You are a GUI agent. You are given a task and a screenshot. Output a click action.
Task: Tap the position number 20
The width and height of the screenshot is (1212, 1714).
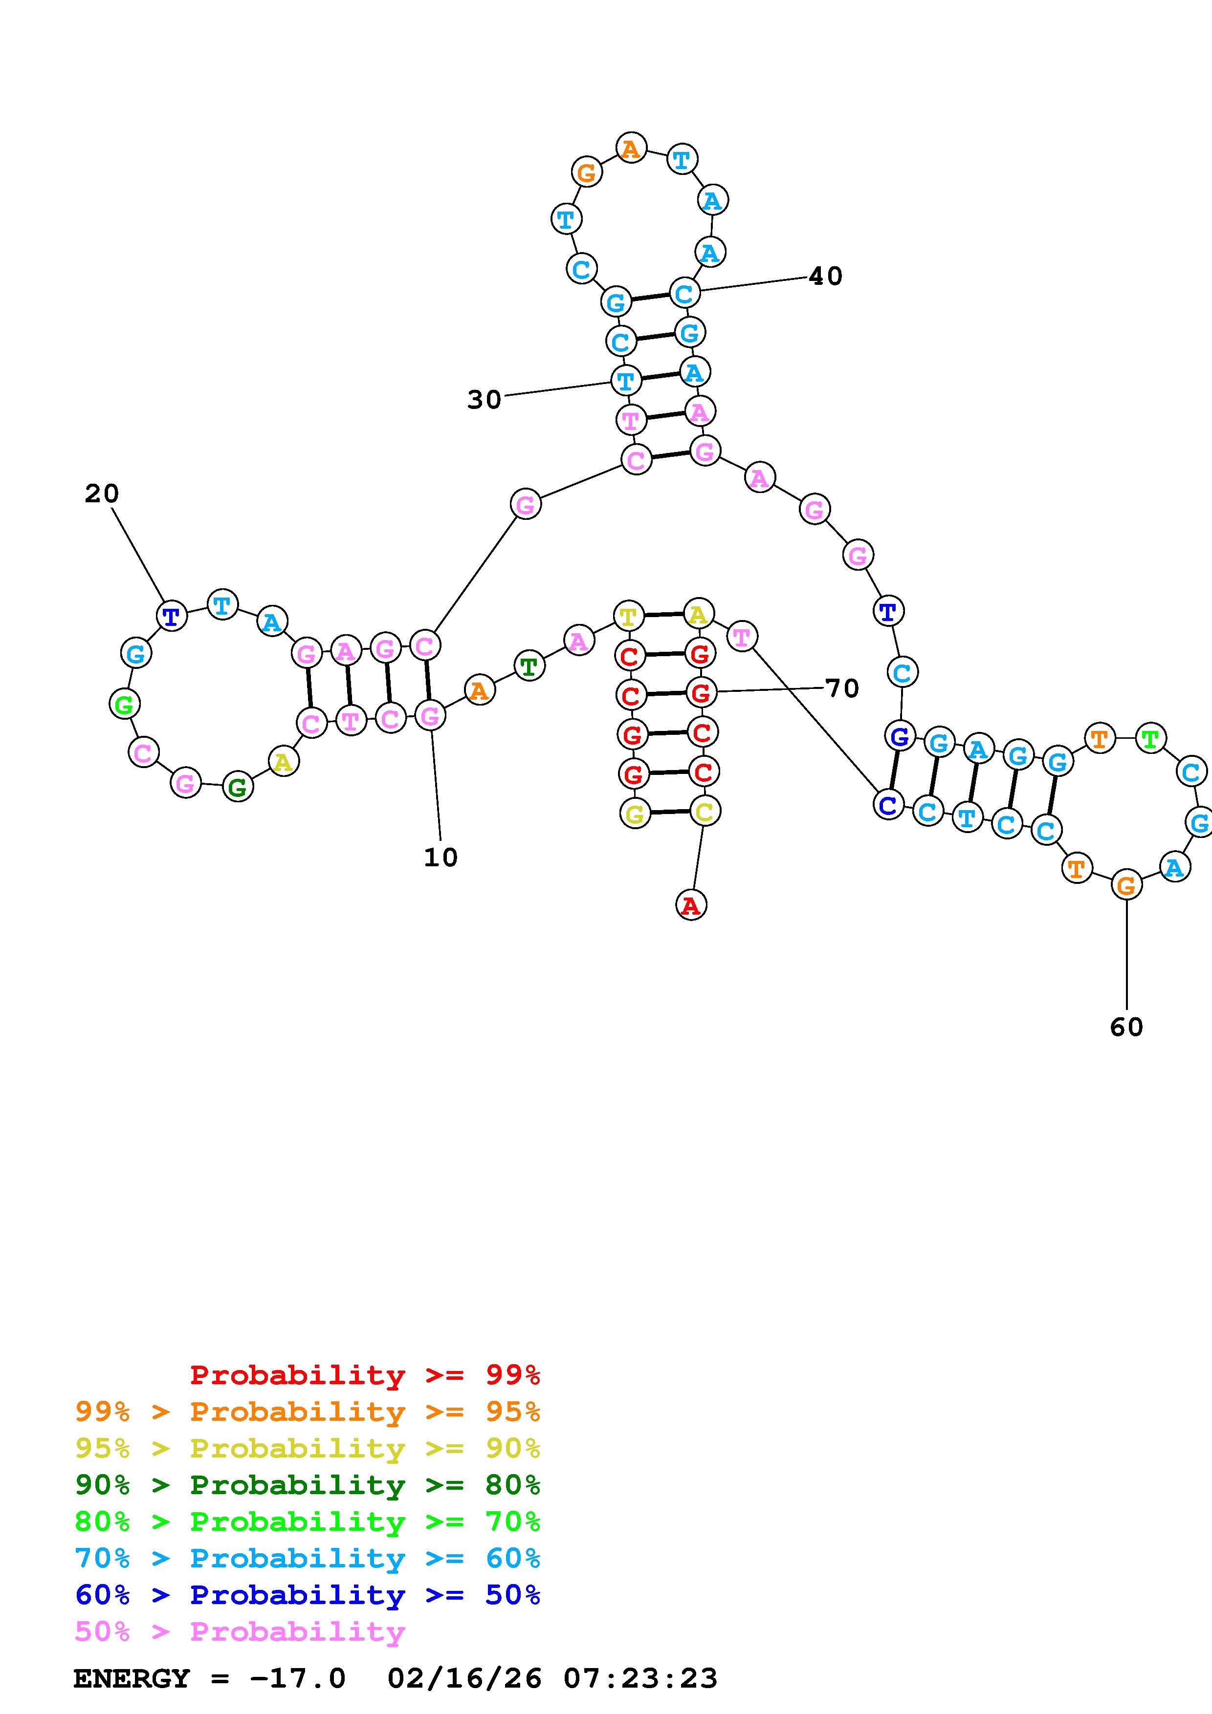(x=102, y=493)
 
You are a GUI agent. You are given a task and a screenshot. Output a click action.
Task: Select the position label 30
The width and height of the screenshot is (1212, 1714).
(x=484, y=400)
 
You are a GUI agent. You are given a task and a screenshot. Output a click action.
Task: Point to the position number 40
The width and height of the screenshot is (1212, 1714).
(x=825, y=276)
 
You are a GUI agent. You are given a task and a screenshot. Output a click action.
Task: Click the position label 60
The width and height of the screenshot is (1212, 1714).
(x=1126, y=1027)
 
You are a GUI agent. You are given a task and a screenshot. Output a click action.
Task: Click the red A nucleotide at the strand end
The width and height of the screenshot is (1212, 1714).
(x=691, y=905)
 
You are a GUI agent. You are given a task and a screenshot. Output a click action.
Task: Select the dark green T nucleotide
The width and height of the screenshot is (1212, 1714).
(x=529, y=666)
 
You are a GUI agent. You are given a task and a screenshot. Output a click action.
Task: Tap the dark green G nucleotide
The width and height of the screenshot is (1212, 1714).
(x=238, y=787)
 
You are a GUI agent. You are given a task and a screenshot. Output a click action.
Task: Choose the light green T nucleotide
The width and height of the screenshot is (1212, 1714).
(x=1150, y=739)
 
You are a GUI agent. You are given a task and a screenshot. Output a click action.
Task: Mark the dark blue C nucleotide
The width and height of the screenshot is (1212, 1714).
(x=888, y=805)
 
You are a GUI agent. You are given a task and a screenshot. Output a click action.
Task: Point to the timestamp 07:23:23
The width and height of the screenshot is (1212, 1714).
(x=640, y=1678)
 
